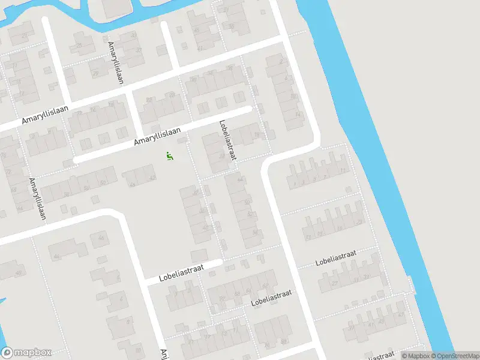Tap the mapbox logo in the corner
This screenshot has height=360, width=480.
[26, 353]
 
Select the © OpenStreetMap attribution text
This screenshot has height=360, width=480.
[457, 356]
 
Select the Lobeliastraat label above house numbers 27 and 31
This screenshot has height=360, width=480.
[336, 259]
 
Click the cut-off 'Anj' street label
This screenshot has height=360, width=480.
[163, 354]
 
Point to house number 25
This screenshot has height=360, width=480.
[78, 45]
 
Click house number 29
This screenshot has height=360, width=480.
[95, 73]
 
